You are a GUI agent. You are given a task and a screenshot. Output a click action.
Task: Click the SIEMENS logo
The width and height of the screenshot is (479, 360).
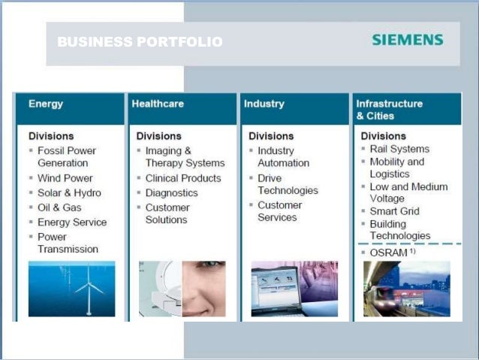[407, 40]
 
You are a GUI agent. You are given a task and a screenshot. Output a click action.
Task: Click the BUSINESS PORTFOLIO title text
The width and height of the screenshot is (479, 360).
[140, 42]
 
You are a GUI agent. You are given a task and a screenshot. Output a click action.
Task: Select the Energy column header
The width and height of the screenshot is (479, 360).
[46, 104]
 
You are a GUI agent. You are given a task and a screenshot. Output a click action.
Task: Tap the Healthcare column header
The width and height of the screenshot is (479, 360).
[158, 104]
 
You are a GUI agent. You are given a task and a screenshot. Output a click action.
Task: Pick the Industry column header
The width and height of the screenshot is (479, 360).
[264, 104]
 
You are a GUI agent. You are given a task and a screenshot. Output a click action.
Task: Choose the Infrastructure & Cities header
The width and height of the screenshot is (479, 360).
[389, 110]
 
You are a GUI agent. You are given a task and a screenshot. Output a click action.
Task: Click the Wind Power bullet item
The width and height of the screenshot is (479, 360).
[65, 178]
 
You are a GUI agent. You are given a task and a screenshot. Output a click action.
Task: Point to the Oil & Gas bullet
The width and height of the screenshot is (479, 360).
[59, 207]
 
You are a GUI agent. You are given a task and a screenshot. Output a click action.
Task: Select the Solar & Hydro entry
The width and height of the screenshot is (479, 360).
[69, 193]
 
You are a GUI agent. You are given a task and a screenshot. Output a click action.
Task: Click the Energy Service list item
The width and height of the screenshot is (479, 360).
[72, 222]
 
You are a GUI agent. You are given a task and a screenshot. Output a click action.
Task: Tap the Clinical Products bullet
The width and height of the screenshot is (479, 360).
[183, 178]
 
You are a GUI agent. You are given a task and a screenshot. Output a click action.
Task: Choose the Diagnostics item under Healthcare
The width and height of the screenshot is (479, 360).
[172, 193]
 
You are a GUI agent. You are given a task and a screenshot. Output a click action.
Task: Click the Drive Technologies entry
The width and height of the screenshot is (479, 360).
[288, 185]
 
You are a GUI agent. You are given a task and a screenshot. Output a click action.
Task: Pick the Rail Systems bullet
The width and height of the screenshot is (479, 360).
[399, 149]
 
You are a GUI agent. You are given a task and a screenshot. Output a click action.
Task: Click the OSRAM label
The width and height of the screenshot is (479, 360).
[389, 253]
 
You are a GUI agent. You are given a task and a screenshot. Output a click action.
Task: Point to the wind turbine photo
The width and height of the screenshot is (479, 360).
[72, 289]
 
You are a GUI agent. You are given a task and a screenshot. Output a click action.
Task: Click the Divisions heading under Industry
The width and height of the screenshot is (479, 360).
[271, 136]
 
